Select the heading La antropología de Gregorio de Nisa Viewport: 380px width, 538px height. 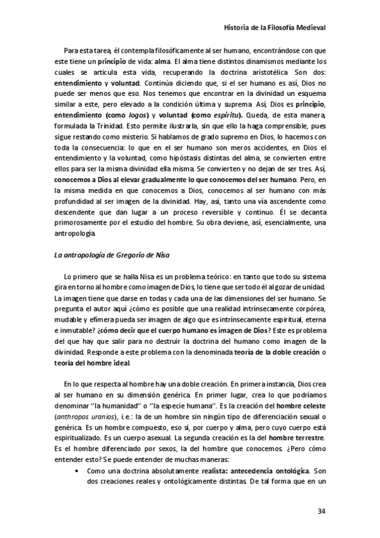105,255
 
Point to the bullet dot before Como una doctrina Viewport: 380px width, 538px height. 77,471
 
